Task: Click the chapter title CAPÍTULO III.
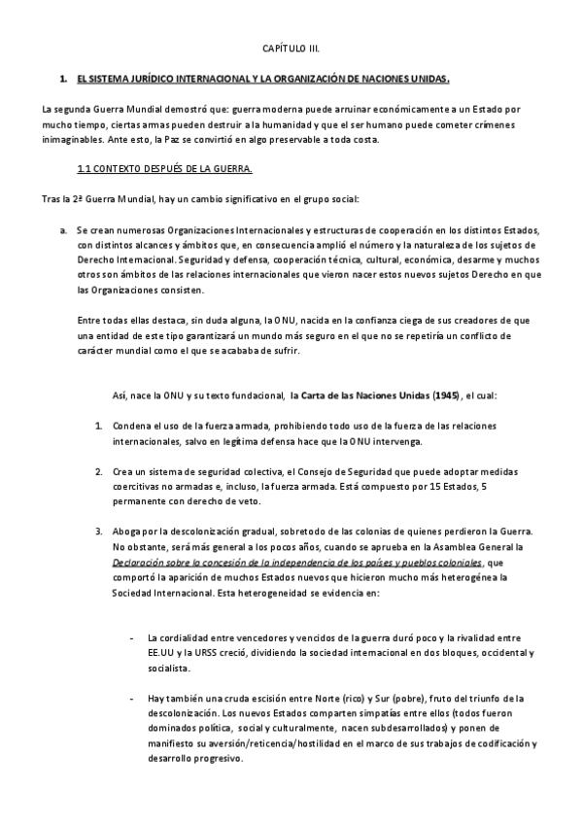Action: (291, 48)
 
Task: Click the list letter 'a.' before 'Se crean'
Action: (62, 230)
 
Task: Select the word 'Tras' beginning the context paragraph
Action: (52, 199)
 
